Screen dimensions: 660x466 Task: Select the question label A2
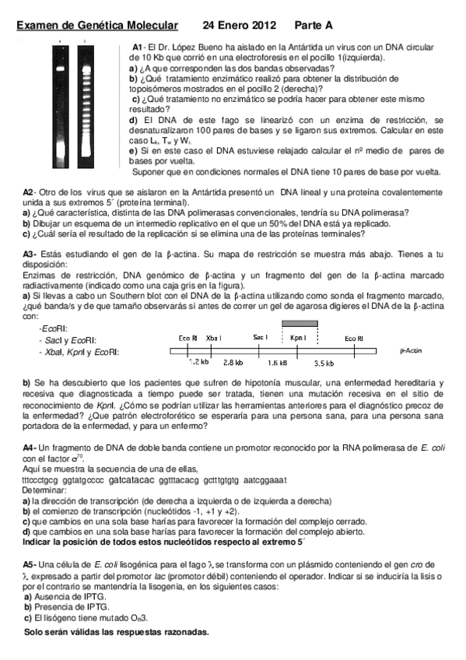[x=28, y=192]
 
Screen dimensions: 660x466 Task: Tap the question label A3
[x=28, y=254]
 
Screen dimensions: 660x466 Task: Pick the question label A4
[x=28, y=449]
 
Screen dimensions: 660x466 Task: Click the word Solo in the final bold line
[x=35, y=632]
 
